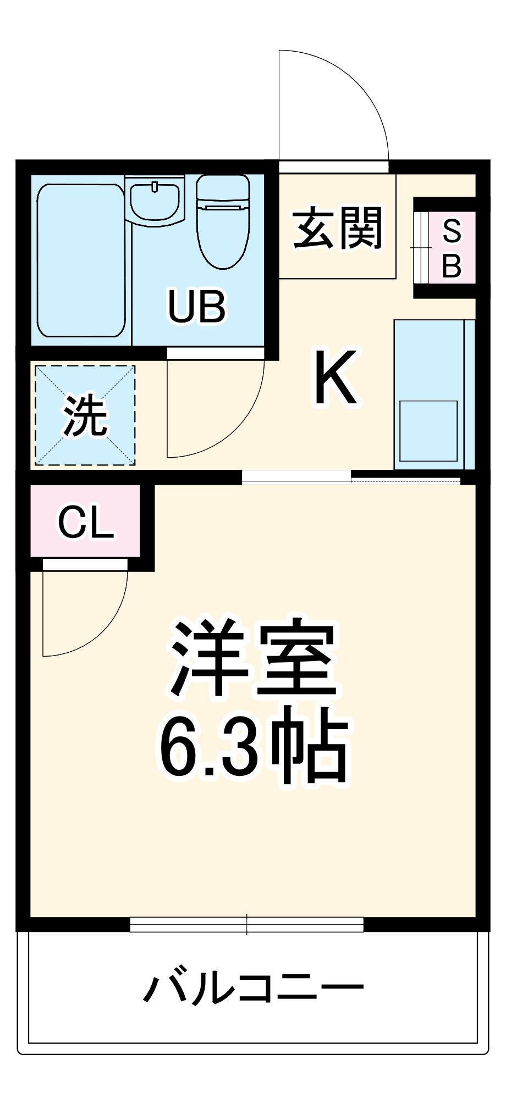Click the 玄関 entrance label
[337, 228]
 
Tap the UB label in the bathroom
[196, 307]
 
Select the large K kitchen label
[336, 378]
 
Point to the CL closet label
[86, 523]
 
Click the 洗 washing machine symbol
[85, 415]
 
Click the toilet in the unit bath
[223, 231]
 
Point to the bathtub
[81, 260]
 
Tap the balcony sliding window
[246, 925]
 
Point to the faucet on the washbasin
[155, 187]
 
